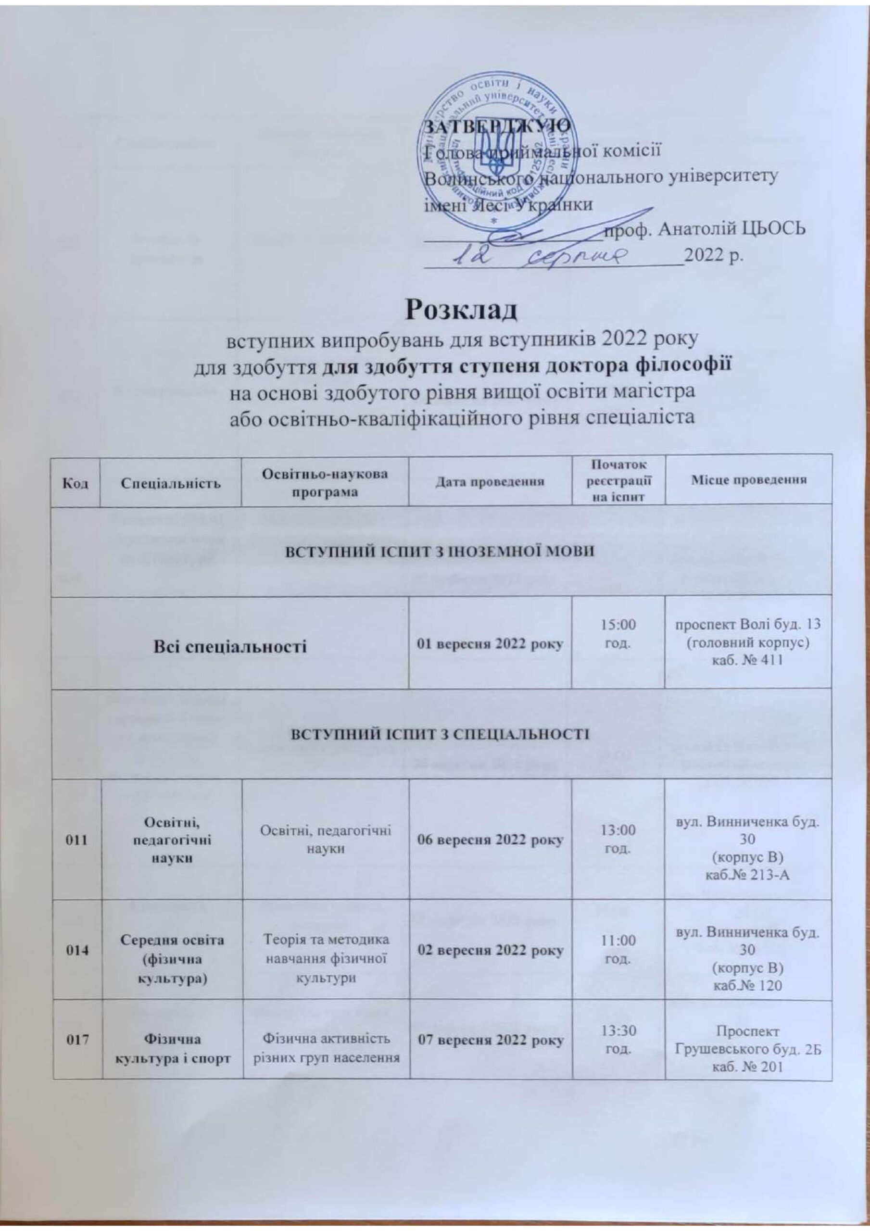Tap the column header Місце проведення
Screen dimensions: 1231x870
pyautogui.click(x=748, y=480)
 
